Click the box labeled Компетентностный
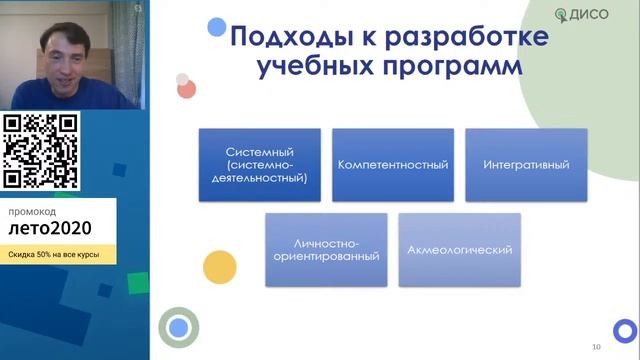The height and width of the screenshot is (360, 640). (392, 164)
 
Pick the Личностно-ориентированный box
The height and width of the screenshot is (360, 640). (326, 249)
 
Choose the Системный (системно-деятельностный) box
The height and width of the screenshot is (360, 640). (259, 164)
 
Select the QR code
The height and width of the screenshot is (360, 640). (41, 150)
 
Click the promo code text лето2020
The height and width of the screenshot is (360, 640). (50, 232)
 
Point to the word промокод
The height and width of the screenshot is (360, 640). (34, 212)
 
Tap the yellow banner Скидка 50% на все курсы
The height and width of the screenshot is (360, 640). (57, 255)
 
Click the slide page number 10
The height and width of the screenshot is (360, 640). (596, 346)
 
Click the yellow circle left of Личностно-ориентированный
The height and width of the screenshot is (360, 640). (219, 266)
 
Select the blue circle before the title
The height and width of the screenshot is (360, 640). (216, 28)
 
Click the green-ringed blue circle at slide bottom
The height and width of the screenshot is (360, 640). (179, 327)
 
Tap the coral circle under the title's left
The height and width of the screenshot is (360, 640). (186, 89)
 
